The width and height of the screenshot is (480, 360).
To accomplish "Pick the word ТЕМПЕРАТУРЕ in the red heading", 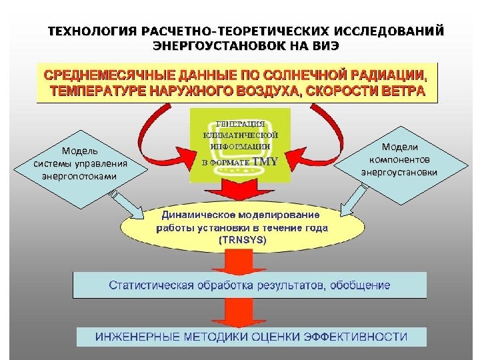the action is point(94,92).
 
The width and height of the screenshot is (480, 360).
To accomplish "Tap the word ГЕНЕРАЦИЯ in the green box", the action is point(241,124).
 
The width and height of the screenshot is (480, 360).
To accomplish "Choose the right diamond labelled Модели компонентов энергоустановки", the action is point(399,159).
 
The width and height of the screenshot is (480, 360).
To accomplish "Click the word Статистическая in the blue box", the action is point(151,285).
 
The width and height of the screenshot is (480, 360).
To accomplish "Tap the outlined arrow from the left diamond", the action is point(127,203).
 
